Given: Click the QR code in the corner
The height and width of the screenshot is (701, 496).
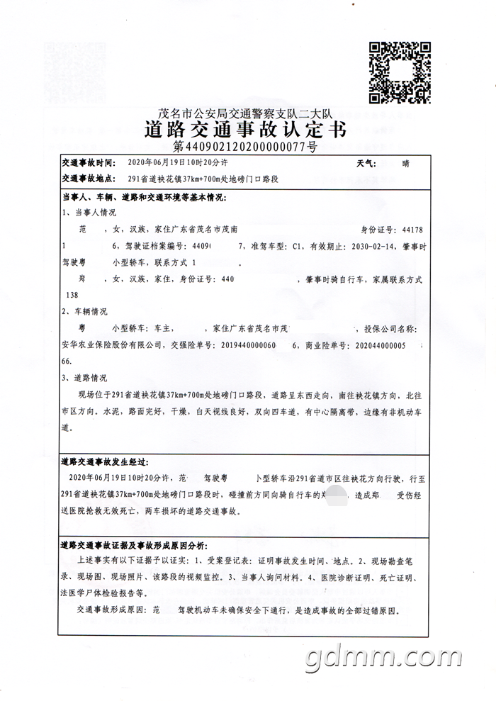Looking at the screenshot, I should tap(400, 72).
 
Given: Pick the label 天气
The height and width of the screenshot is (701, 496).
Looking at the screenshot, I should tap(367, 164).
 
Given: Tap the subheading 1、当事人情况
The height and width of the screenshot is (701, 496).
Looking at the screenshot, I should tap(89, 212).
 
